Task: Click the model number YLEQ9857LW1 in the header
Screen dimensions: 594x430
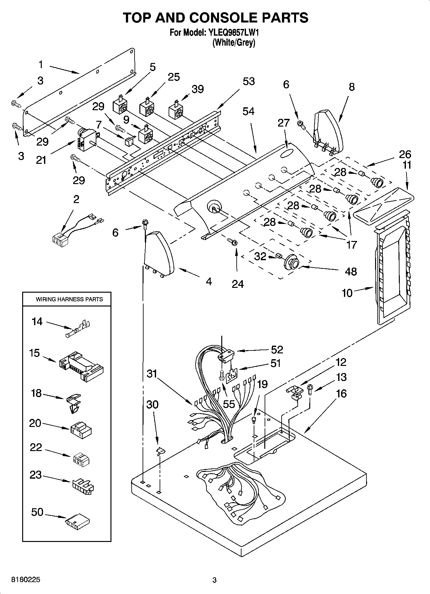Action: [234, 32]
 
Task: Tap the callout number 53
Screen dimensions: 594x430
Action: [249, 82]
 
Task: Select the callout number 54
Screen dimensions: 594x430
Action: [248, 111]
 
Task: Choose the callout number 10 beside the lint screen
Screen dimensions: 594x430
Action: [347, 293]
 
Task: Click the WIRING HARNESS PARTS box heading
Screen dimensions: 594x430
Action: [69, 299]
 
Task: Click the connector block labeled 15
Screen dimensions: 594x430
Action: [82, 366]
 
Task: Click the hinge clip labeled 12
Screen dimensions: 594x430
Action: [294, 392]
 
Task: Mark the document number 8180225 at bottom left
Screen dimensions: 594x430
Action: [26, 580]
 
